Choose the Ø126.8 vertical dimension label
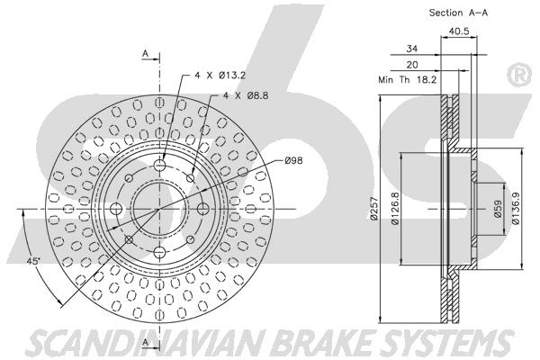pos(395,208)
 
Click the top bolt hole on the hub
pos(160,165)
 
